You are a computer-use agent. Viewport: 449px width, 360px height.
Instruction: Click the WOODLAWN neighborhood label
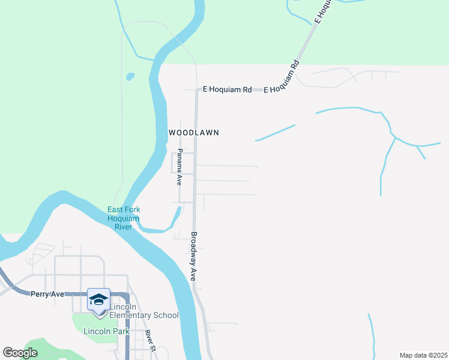193,132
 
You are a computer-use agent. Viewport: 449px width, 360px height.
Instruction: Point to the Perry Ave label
47,294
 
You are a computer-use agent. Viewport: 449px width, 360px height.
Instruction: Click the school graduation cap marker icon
98,299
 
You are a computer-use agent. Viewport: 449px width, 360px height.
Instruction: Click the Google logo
20,353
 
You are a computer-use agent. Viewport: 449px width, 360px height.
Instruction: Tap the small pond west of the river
130,77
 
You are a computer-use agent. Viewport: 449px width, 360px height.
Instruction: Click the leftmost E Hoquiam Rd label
227,89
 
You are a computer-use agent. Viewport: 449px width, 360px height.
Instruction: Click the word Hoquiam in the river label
124,218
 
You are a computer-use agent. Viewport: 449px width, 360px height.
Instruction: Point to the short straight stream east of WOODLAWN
276,133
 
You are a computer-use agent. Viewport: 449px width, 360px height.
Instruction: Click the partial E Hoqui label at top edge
323,11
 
